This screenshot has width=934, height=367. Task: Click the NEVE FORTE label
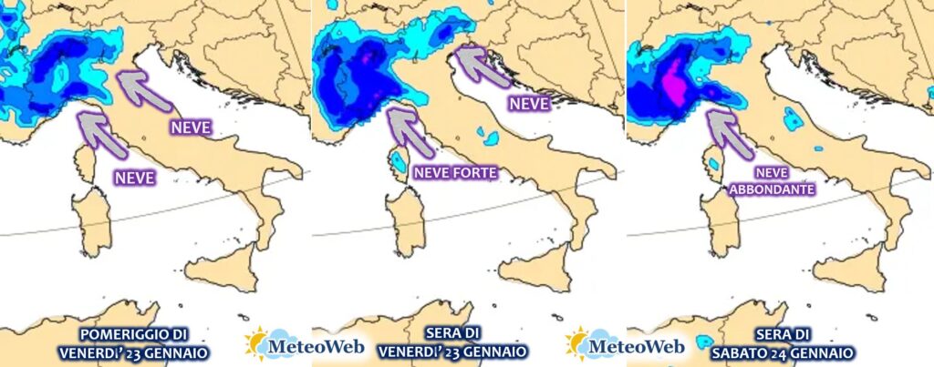pos(453,171)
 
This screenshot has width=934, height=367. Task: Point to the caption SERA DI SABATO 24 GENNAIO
pos(791,343)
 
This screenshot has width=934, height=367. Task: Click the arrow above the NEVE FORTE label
pos(409,128)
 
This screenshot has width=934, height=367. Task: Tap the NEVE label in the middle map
pos(528,105)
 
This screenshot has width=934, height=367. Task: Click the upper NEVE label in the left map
pos(191,128)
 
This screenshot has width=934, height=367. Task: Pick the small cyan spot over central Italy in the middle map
pos(491,138)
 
